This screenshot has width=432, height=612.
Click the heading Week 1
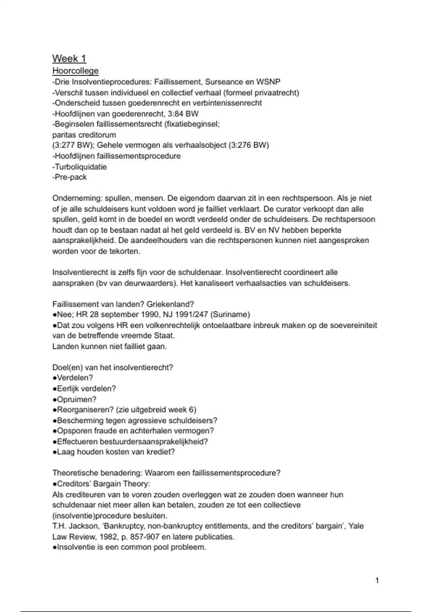tap(69, 58)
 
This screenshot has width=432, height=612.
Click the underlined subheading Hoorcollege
tap(75, 71)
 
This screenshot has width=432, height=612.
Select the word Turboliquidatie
tap(81, 167)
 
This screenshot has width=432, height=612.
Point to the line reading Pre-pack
tap(70, 177)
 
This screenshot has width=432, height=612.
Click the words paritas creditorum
tap(84, 135)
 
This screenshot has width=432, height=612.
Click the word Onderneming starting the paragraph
tap(71, 198)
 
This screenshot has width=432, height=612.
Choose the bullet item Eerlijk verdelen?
tap(86, 388)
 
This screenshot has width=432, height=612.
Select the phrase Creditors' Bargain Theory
tap(103, 483)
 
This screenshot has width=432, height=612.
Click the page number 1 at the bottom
tap(377, 580)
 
